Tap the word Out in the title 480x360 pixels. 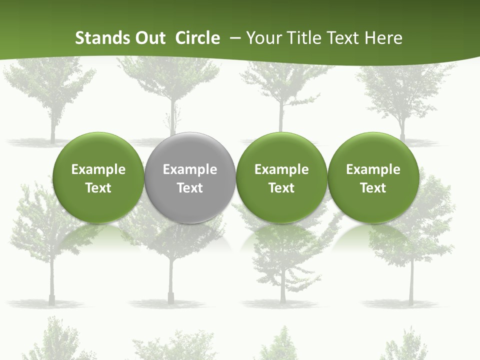[148, 38]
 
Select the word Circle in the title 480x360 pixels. [197, 38]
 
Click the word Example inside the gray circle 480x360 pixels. [190, 169]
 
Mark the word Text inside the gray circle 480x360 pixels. [190, 188]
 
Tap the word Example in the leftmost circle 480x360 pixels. [98, 169]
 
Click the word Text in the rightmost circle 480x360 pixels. [373, 188]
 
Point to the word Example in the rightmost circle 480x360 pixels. [373, 169]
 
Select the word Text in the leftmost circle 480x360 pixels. [98, 188]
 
